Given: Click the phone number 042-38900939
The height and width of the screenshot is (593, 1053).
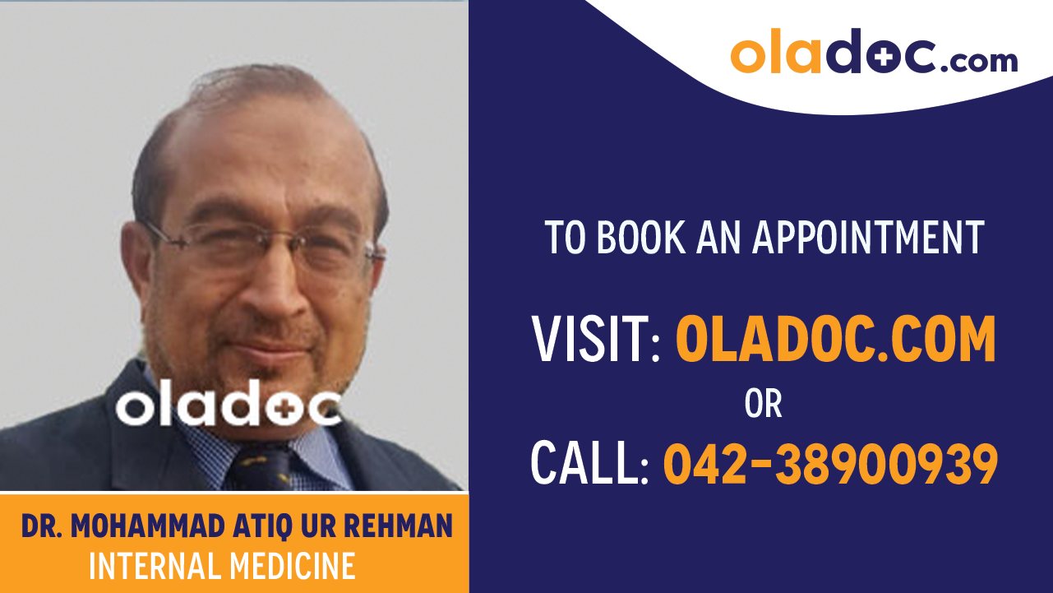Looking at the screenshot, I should tap(830, 463).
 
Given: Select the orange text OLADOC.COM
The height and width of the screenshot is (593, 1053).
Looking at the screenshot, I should tap(835, 341).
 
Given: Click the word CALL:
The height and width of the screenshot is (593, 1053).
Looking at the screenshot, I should tap(589, 463).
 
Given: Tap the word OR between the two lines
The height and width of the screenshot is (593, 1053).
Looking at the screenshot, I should tap(763, 404).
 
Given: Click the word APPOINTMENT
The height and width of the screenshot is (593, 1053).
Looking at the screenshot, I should tap(868, 238).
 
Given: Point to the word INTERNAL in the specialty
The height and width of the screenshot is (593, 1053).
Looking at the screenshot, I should tap(144, 566).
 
